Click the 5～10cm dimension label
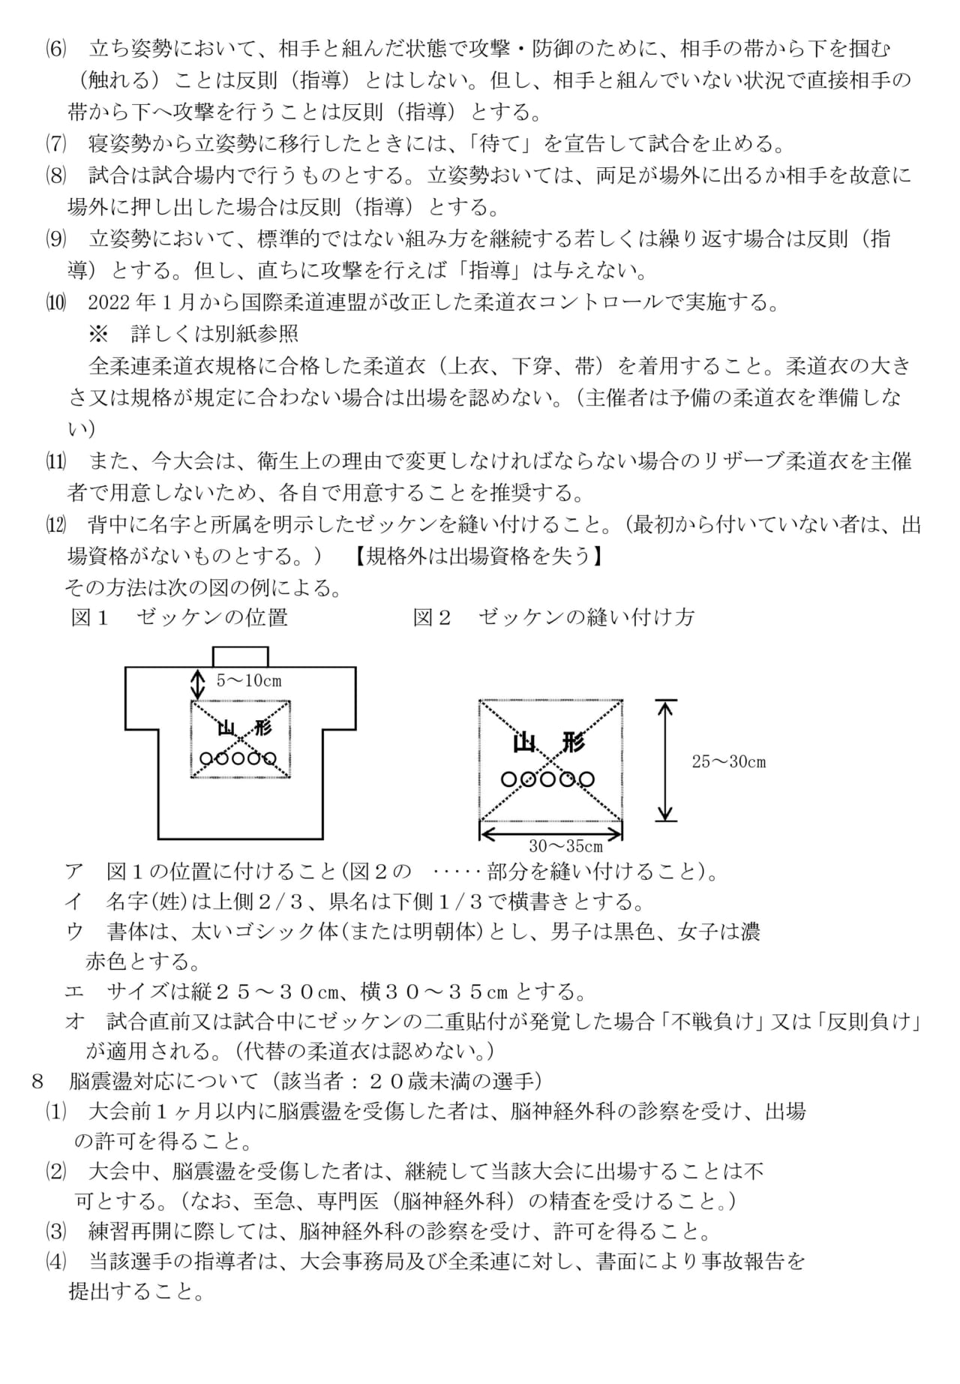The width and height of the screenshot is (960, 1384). (249, 681)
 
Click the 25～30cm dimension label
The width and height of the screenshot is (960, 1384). (728, 762)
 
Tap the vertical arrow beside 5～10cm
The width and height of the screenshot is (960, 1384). (197, 683)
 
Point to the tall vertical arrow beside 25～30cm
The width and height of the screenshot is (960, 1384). (665, 761)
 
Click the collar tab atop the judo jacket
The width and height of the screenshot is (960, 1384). (240, 656)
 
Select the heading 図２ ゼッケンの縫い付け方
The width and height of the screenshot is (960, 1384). (553, 617)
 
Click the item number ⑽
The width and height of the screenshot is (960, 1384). (55, 302)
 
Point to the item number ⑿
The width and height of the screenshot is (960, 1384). (55, 524)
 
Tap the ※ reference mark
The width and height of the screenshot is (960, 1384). (99, 333)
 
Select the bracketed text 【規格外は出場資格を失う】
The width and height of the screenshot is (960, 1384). (479, 556)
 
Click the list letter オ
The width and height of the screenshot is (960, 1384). (74, 1022)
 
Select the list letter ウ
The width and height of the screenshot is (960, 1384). (74, 931)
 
